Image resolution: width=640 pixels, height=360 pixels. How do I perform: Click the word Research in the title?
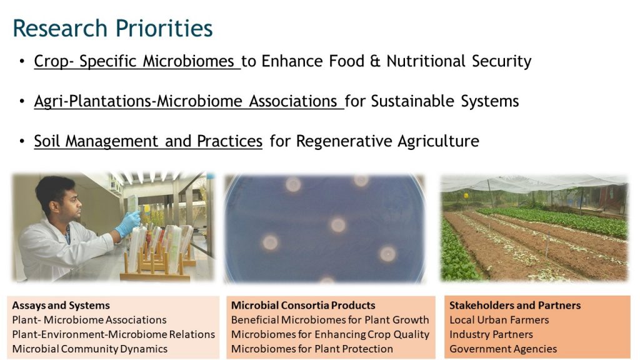[x=60, y=28]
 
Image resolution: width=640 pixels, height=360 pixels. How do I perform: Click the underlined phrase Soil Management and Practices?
[x=148, y=141]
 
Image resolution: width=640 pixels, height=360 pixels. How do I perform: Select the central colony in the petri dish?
[x=338, y=225]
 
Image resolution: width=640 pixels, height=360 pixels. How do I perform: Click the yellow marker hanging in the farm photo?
[x=466, y=196]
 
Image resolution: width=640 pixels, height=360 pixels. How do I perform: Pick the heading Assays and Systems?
[x=61, y=305]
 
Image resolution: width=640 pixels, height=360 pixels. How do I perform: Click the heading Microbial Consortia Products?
[x=303, y=305]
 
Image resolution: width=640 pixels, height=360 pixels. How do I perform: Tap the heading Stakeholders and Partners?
[x=515, y=305]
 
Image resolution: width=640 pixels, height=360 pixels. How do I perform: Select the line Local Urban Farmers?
[x=499, y=320]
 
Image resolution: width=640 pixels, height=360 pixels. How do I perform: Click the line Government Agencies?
[x=503, y=349]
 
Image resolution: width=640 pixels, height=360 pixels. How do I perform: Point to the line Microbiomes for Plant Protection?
[x=312, y=349]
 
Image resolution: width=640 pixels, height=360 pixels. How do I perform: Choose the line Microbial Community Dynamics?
[x=90, y=349]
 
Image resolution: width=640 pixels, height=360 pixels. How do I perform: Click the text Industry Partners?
[x=491, y=335]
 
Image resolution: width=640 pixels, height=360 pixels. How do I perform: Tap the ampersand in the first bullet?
[x=375, y=61]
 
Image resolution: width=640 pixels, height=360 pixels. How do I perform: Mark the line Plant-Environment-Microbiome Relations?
[x=114, y=335]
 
